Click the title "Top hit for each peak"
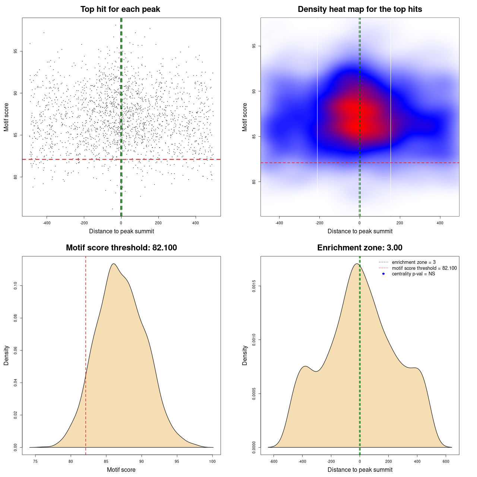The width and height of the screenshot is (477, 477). pos(120,9)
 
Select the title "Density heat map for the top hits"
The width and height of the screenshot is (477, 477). pos(360,9)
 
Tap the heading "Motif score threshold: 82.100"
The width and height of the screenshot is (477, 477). pos(121,248)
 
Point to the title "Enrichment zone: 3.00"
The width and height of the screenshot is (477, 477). pos(360,248)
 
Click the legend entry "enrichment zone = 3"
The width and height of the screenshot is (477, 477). pos(414,262)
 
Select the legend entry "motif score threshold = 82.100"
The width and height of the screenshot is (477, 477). pos(424,268)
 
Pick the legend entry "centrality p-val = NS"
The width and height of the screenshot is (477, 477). pos(413,274)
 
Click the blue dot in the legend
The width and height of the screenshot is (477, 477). pos(383,274)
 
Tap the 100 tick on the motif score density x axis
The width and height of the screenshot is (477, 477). pos(212,461)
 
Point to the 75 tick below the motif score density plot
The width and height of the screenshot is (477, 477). pos(35,461)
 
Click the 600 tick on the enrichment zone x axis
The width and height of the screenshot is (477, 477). pos(446,461)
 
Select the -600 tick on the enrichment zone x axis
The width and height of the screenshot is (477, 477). pos(274,461)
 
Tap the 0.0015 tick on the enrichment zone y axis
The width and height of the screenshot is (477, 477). pos(254,286)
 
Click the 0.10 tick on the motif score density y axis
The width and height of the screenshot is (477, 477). pos(16,286)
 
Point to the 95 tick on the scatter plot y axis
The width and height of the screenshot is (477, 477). pos(16,51)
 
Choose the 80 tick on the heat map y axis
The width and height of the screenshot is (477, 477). pos(254,181)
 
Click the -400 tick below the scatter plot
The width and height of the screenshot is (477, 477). pos(47,223)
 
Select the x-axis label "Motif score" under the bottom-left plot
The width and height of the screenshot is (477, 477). pos(121,470)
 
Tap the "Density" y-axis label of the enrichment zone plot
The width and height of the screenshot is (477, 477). pos(245,355)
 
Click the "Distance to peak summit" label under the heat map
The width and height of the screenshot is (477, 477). pos(360,231)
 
